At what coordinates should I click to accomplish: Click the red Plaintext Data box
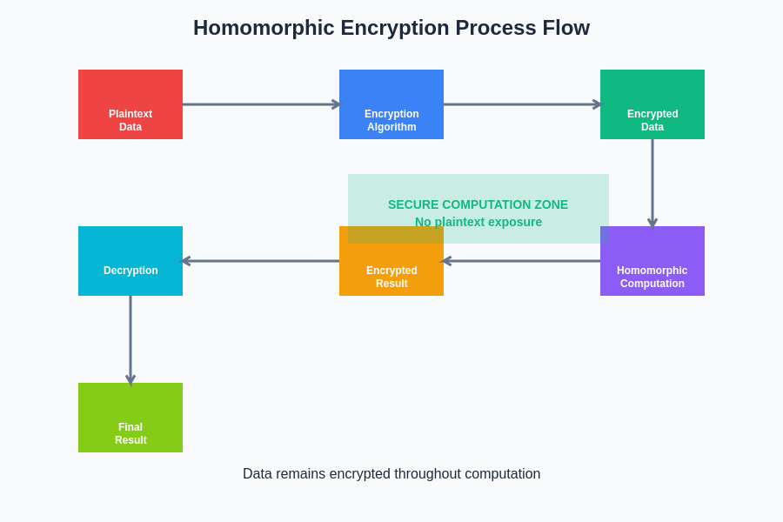tap(130, 104)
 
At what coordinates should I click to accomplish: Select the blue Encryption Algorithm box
tap(391, 104)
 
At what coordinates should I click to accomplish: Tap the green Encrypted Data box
tap(652, 104)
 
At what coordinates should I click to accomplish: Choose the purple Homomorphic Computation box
tap(652, 261)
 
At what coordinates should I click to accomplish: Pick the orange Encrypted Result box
tap(391, 261)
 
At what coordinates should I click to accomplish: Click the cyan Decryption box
tap(130, 261)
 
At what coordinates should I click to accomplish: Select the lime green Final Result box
tap(130, 418)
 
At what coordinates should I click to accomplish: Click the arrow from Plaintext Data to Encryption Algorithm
tap(261, 104)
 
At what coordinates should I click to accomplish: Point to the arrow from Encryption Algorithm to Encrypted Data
tap(522, 104)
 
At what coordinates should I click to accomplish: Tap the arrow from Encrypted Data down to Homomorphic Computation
tap(652, 184)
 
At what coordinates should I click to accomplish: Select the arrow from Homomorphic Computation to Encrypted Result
tap(521, 261)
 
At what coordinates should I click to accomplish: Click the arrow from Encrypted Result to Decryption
tap(259, 261)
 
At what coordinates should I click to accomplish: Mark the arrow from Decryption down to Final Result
tap(130, 341)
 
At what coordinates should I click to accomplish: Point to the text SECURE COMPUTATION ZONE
tap(478, 204)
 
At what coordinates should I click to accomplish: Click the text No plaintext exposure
tap(478, 223)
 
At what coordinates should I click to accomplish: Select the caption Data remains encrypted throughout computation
tap(391, 473)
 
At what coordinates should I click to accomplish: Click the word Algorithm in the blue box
tap(391, 127)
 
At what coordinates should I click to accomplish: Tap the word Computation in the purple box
tap(652, 284)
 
